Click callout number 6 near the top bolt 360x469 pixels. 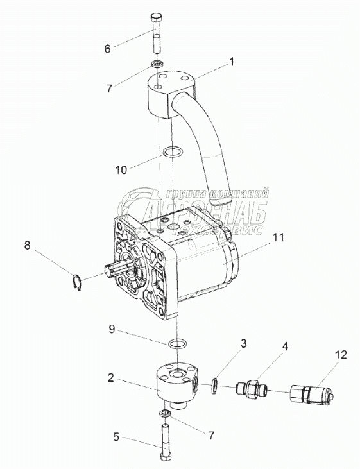[x=107, y=49]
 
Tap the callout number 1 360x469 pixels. [x=231, y=62]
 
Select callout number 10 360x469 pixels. [x=121, y=170]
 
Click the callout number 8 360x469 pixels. [x=27, y=246]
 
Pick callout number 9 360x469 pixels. [x=112, y=329]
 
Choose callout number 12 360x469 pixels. [x=341, y=355]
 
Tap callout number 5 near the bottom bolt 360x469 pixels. [x=116, y=437]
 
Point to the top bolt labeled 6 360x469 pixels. [x=157, y=33]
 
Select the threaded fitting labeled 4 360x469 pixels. [x=251, y=389]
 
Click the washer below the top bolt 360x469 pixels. [x=157, y=64]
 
